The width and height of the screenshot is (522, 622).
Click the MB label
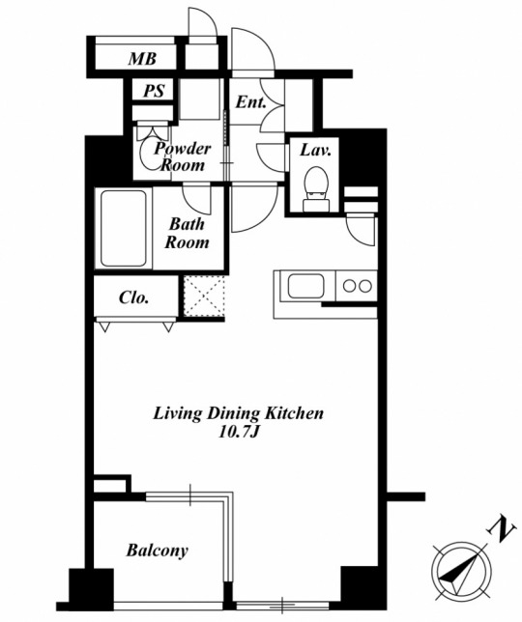point(142,59)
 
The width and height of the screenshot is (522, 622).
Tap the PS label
point(154,91)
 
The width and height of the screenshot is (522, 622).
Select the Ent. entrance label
point(250,102)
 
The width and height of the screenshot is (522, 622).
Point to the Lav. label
point(315,150)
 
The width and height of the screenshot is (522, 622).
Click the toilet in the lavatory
point(316,189)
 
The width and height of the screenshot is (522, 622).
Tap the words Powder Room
point(183,156)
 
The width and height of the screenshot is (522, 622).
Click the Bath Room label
point(187,233)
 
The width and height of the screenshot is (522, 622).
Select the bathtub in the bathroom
point(124,229)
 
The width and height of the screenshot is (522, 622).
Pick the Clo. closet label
point(133,297)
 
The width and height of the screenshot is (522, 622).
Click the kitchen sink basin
point(306,286)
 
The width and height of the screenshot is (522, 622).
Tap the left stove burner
point(350,286)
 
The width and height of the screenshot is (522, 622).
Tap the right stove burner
point(365,286)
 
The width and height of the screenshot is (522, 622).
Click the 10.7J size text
point(239,432)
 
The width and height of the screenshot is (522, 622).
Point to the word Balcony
point(158,551)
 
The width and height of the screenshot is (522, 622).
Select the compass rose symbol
point(461,571)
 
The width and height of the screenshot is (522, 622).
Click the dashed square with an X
point(204,296)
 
